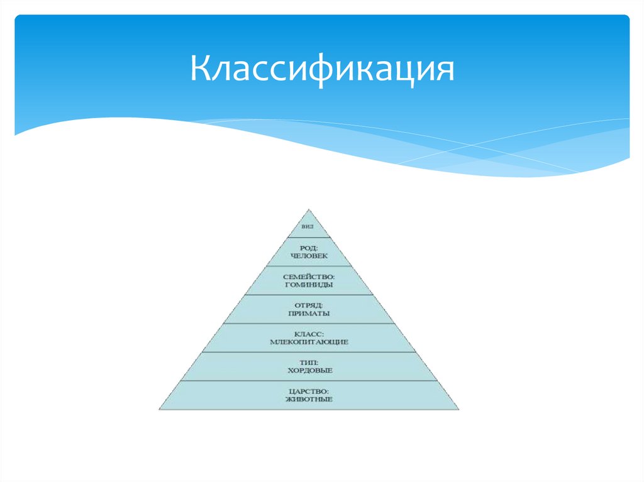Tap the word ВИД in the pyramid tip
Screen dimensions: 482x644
pos(308,226)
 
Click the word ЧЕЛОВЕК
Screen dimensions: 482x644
pos(309,256)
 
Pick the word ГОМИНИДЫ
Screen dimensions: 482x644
pos(308,285)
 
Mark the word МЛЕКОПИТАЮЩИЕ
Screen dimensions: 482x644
pos(308,342)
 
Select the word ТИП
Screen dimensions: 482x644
pos(308,362)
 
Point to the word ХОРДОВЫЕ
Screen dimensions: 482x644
pos(308,371)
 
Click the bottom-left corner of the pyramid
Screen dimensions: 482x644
pos(159,410)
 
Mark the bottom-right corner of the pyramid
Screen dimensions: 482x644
pos(458,410)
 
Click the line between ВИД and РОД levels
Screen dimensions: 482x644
pos(308,238)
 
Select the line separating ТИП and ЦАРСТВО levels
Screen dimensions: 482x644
pos(308,381)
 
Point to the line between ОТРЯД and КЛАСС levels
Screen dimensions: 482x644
pos(308,324)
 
